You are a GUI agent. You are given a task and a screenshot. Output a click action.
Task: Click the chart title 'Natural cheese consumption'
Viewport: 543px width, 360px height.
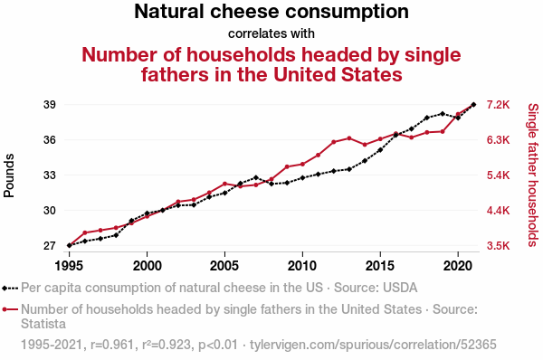[271, 11]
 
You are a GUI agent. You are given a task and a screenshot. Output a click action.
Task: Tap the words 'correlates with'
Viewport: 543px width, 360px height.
[271, 33]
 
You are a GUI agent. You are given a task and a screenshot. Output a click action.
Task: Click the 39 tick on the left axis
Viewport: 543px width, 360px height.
[50, 105]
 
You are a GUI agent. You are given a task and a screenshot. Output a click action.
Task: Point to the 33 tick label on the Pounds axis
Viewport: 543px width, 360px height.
[50, 175]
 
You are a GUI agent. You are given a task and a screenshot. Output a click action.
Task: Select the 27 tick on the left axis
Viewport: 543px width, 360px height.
[50, 246]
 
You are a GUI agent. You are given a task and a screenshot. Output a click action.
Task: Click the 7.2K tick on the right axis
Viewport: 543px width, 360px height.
[498, 105]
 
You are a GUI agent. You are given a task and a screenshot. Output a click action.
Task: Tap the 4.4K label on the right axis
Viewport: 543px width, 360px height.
[498, 211]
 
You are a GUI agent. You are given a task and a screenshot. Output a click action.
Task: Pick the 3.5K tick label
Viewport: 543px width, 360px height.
[498, 246]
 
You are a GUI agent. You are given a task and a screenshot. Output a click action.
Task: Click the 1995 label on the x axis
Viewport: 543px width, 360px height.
[70, 266]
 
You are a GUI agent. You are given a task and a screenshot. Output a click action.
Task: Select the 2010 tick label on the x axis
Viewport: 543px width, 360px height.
[302, 266]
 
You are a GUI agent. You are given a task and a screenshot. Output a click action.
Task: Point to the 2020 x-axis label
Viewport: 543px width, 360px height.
[458, 266]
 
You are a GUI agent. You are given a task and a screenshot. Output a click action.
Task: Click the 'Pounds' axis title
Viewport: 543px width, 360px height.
[9, 175]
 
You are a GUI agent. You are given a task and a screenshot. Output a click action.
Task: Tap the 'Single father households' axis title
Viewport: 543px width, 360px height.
[533, 175]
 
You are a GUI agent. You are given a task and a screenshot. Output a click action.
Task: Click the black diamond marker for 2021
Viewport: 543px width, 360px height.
[473, 104]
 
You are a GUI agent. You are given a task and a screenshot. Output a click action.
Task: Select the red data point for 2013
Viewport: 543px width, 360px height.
[349, 138]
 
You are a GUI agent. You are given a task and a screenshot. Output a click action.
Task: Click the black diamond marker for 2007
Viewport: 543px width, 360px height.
[256, 177]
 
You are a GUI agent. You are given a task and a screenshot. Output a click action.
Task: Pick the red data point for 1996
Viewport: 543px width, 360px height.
[85, 232]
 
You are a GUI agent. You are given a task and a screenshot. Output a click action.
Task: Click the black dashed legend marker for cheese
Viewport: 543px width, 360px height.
[10, 288]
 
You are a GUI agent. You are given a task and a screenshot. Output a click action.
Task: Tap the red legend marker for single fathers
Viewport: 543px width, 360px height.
[10, 309]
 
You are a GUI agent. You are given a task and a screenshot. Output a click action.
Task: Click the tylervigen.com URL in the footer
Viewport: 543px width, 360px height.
[373, 345]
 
